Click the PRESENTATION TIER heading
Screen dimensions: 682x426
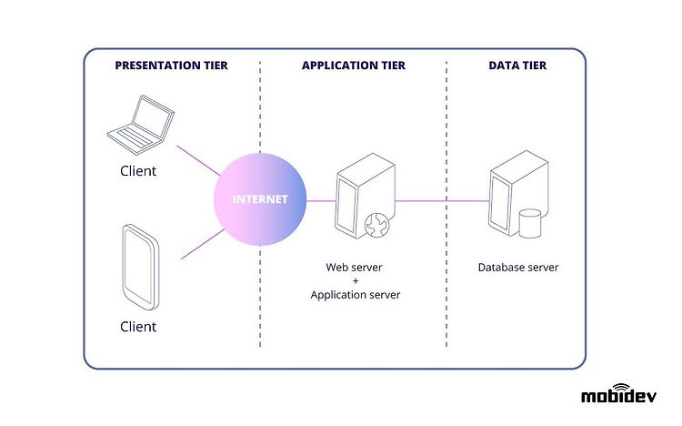[x=171, y=66]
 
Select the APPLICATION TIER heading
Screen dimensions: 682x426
[x=354, y=66]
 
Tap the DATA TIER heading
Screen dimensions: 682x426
[x=517, y=66]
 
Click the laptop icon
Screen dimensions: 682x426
[x=141, y=125]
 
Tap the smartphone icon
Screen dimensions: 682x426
[x=141, y=267]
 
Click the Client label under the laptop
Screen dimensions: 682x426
[x=138, y=171]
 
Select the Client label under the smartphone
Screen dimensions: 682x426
[x=138, y=327]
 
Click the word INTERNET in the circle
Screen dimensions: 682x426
[x=260, y=199]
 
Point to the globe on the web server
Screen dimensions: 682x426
[x=377, y=225]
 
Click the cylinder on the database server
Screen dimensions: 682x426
[x=530, y=223]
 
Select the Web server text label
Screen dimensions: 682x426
[x=354, y=268]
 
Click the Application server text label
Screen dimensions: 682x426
[x=356, y=295]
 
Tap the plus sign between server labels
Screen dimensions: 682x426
[x=356, y=281]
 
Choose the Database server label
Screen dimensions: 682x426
[x=518, y=268]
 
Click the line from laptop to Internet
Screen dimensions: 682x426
[x=198, y=161]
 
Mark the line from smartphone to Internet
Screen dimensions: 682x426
[x=203, y=244]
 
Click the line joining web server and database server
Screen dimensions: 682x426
[x=442, y=201]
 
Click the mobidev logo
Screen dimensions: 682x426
[x=619, y=394]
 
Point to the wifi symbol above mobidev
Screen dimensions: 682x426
[x=621, y=387]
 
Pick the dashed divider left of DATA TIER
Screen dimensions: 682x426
[x=446, y=204]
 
